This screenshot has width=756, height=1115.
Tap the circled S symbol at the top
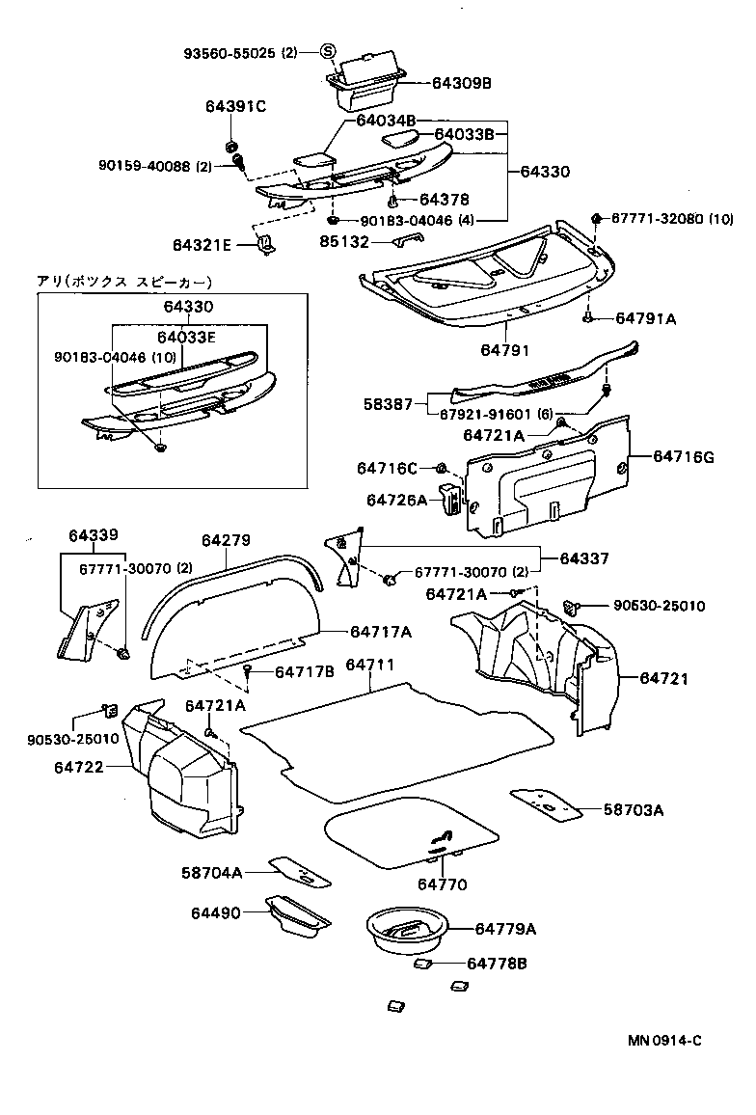coord(328,52)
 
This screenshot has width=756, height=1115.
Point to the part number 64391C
coord(234,106)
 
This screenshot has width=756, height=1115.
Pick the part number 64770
coord(442,884)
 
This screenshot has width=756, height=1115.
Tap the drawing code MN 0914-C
coord(665,1041)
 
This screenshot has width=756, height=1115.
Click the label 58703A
coord(634,810)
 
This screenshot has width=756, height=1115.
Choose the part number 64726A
coord(396,500)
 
